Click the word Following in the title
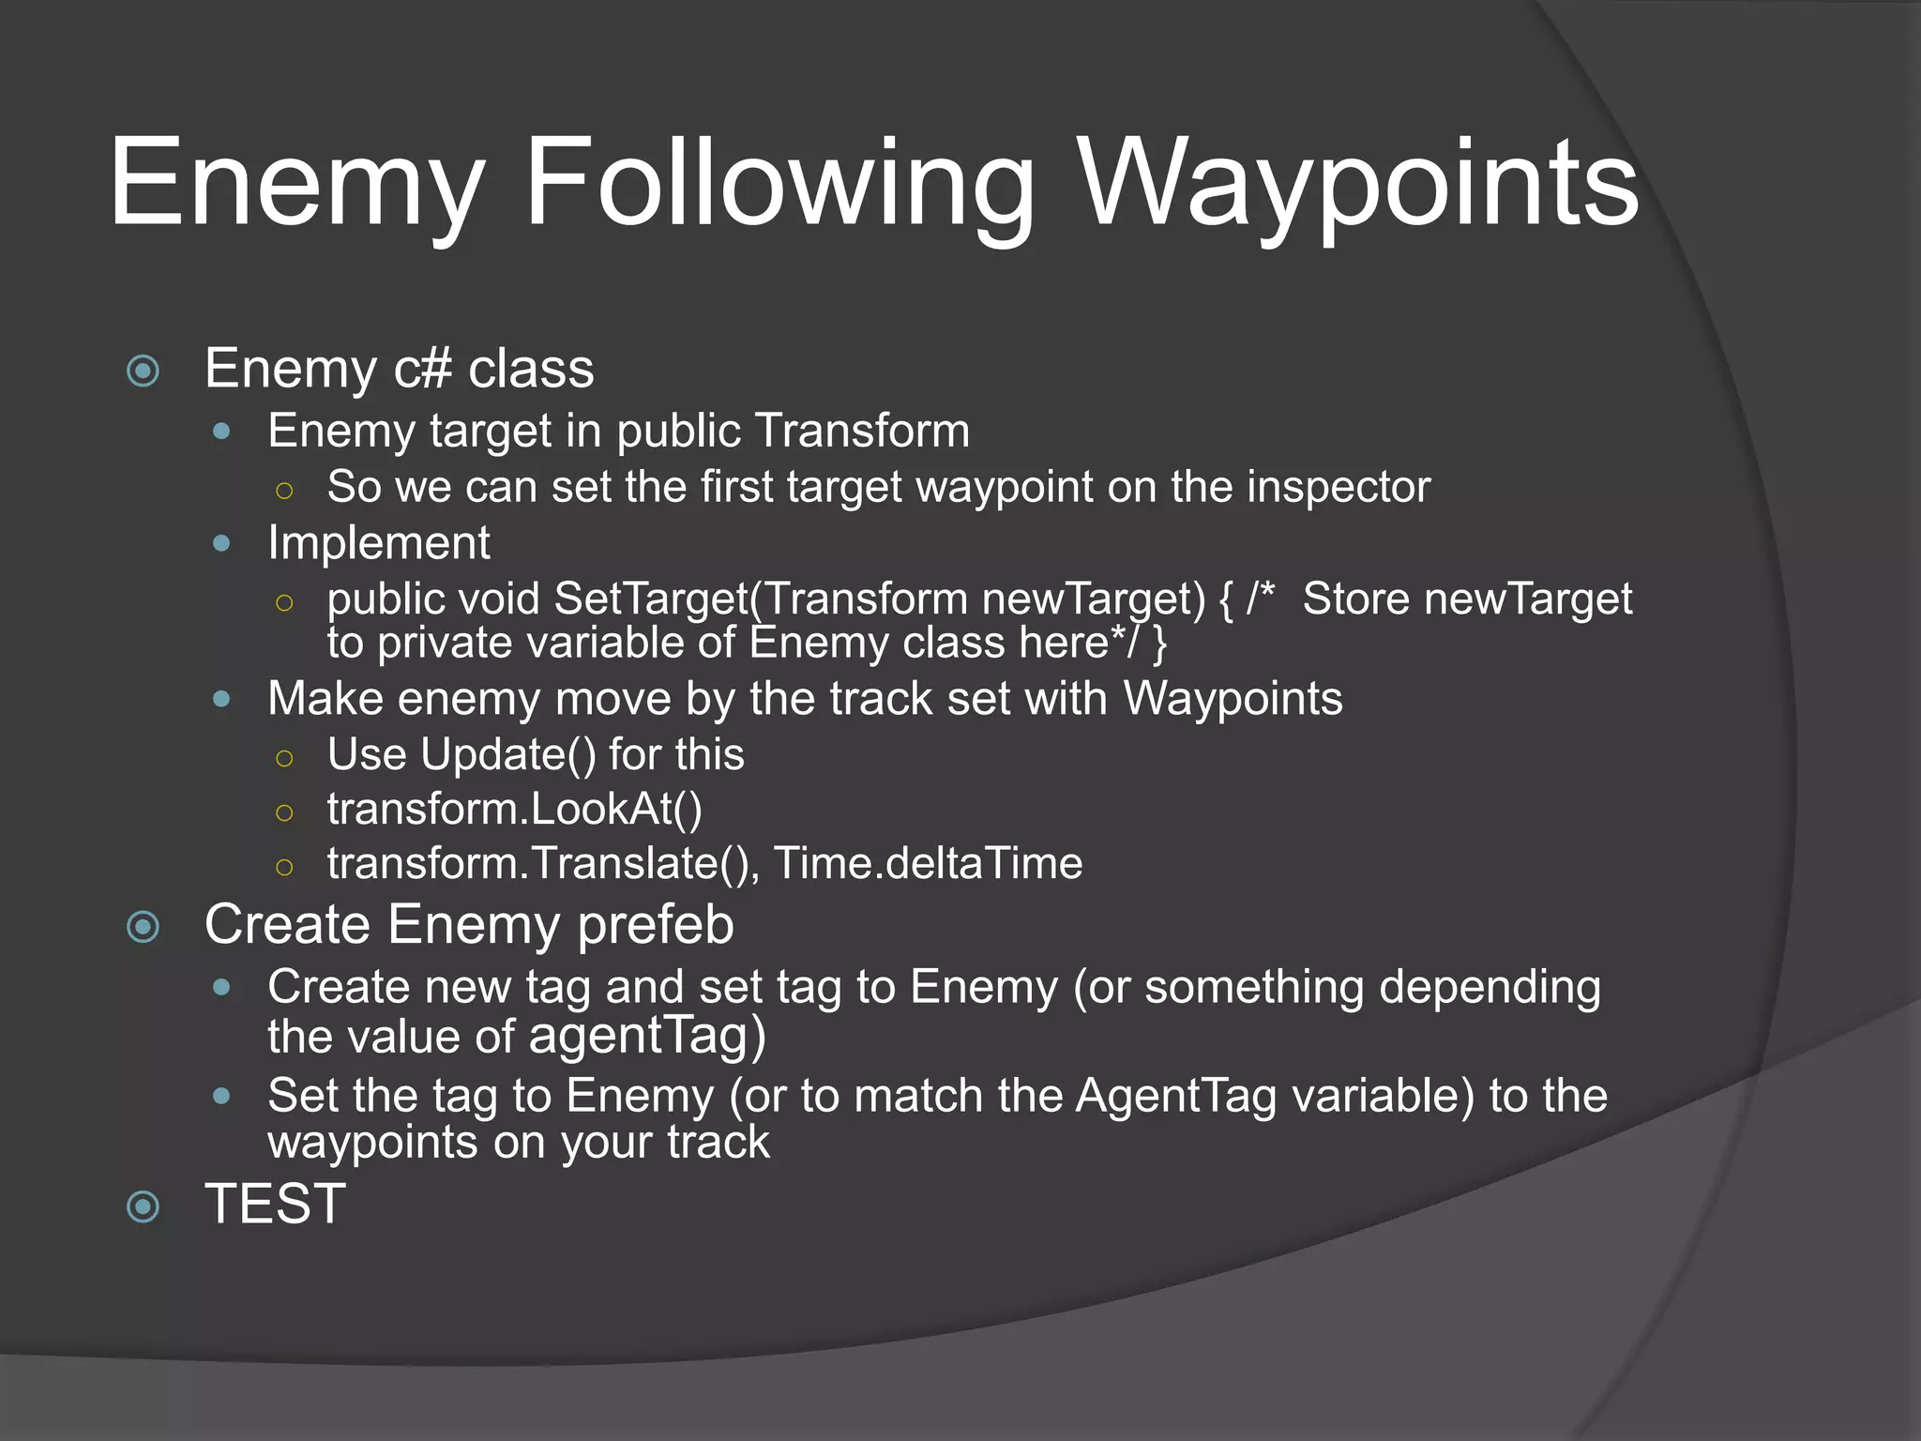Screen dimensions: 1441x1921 click(x=779, y=184)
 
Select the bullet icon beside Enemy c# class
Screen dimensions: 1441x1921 click(x=143, y=371)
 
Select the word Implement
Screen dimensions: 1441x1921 click(x=378, y=542)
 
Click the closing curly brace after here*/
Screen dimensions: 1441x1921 click(x=1160, y=644)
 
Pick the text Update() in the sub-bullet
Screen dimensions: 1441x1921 click(x=507, y=754)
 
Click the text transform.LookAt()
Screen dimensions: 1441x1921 click(x=514, y=809)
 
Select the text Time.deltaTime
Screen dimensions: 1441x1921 click(x=928, y=863)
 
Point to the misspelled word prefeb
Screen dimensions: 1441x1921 click(x=655, y=925)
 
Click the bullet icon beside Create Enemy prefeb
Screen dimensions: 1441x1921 click(x=143, y=928)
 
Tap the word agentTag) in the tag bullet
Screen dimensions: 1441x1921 click(x=647, y=1036)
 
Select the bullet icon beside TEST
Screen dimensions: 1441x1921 click(x=143, y=1206)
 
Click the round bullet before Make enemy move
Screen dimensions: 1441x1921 click(x=221, y=699)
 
